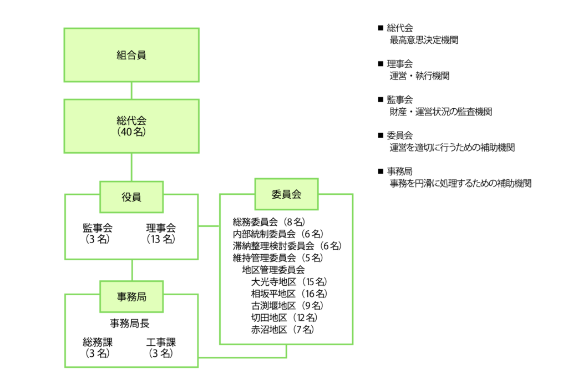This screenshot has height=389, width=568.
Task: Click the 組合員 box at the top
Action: pos(131,55)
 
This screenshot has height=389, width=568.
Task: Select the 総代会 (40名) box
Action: pos(131,126)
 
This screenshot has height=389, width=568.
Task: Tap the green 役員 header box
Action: pos(131,197)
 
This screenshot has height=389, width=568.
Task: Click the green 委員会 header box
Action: pos(286,194)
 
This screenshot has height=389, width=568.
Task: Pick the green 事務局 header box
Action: pos(131,297)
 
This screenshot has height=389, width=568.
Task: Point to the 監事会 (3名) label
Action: pos(98,233)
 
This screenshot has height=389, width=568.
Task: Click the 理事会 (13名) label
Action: pos(161,233)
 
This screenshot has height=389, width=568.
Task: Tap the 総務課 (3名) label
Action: pos(98,347)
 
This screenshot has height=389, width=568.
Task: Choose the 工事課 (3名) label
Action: pos(161,347)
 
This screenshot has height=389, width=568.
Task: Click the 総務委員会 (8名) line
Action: pos(269,222)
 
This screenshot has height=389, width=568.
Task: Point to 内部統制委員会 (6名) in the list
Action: pos(278,234)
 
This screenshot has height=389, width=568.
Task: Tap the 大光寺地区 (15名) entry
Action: pos(288,281)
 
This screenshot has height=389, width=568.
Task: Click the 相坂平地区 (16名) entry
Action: pos(288,294)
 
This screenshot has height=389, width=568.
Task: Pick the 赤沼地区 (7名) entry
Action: pos(283,330)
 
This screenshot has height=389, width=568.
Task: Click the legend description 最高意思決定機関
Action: pos(424,40)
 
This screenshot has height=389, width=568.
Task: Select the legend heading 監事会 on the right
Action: pos(399,100)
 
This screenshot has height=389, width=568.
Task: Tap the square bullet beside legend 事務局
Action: pos(381,171)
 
